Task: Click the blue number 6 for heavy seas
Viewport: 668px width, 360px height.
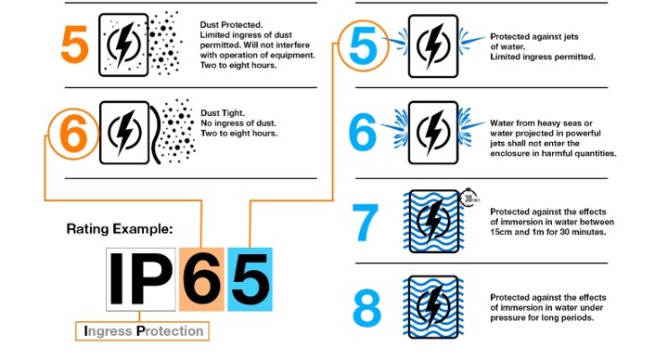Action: pos(364,132)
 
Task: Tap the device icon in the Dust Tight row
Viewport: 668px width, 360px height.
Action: pos(123,132)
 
